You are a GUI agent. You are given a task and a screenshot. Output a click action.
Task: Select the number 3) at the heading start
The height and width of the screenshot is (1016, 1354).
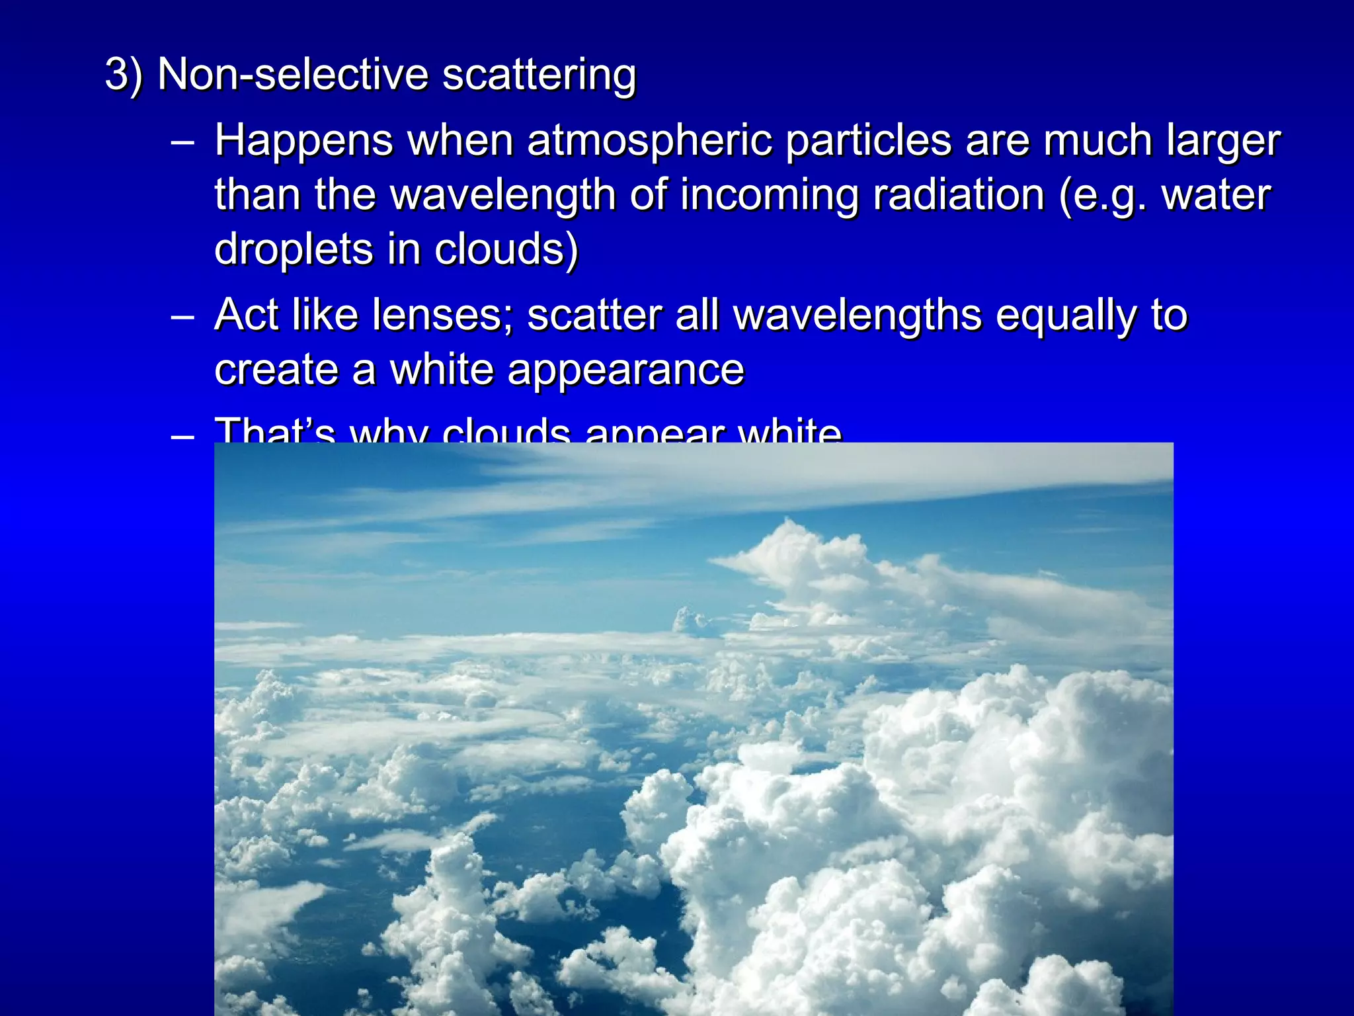click(124, 74)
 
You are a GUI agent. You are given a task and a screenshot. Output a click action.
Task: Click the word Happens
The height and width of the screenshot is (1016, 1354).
click(303, 142)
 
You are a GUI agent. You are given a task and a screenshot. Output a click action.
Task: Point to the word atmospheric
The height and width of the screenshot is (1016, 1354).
click(649, 142)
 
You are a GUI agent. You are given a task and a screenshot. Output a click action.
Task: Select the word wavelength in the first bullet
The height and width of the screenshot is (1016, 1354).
click(502, 196)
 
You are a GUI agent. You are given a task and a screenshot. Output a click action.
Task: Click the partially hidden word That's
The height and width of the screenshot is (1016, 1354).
click(275, 431)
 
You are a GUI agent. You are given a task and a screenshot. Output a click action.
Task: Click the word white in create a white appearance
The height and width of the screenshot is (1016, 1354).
click(441, 369)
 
